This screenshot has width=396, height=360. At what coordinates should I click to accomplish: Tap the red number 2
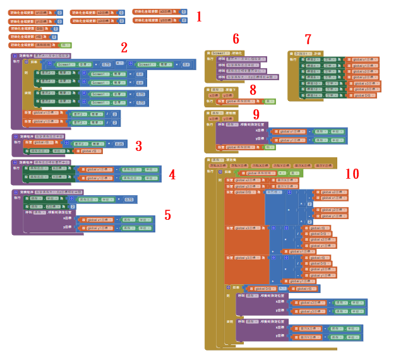pos(124,47)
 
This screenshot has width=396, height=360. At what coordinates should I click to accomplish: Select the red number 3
pos(138,146)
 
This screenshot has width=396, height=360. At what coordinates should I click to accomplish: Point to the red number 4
pos(172,175)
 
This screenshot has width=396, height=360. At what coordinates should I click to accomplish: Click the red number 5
pos(167,215)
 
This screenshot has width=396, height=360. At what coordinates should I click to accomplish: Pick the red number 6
pos(236,39)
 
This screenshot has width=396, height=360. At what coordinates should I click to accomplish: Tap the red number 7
pos(308,39)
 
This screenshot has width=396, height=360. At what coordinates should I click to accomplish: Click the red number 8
pos(253,90)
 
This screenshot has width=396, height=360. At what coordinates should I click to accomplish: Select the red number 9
pos(256,114)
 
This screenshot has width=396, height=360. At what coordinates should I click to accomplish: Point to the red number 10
pos(352,173)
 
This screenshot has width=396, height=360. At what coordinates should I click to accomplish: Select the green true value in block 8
pos(269,101)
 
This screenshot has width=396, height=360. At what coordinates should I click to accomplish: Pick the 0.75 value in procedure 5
pos(129,199)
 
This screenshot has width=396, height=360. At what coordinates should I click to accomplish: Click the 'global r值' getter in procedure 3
pos(88,151)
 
